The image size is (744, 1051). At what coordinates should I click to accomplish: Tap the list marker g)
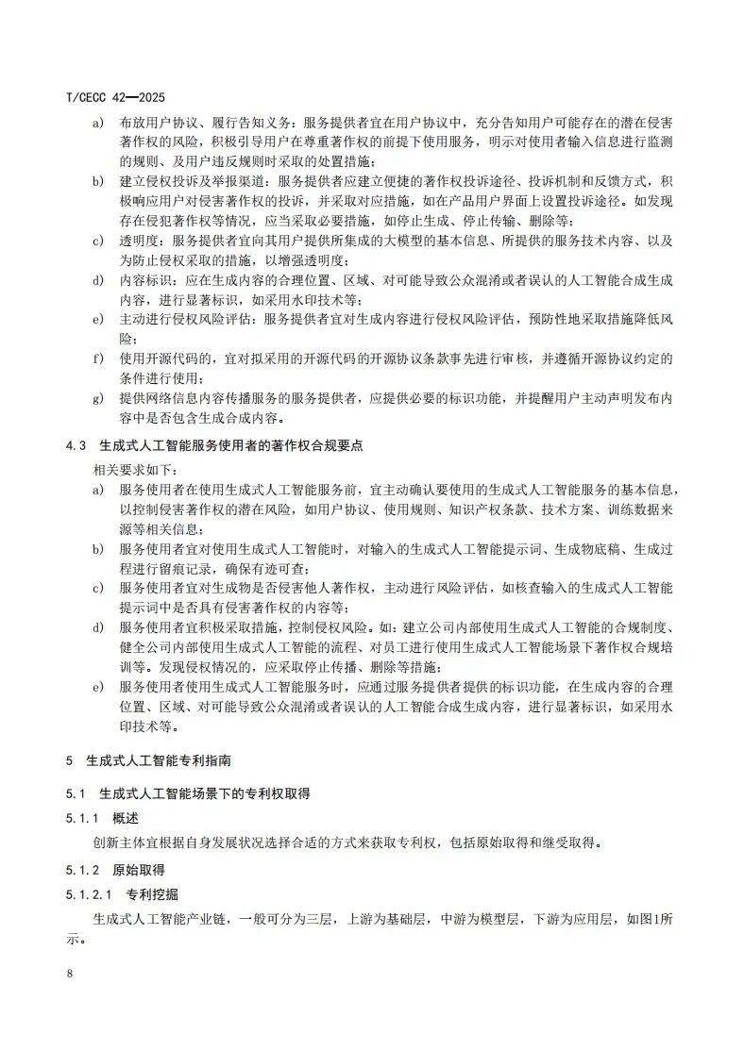[x=97, y=398]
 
